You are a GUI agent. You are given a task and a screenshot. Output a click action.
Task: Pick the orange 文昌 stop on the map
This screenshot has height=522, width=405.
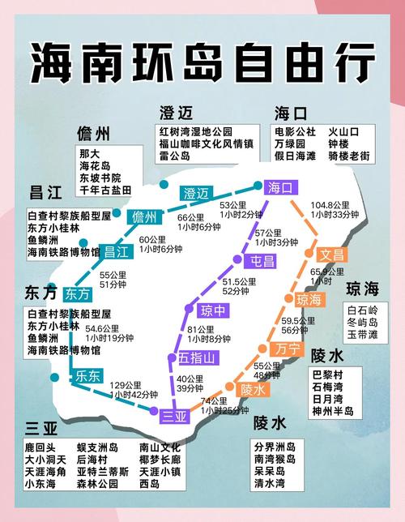click(331, 254)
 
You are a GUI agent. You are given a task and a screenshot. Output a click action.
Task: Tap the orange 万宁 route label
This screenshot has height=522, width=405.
click(286, 349)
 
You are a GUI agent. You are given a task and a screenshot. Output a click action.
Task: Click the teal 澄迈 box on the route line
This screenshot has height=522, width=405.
click(196, 193)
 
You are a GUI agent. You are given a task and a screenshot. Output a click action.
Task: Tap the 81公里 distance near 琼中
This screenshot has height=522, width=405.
click(201, 329)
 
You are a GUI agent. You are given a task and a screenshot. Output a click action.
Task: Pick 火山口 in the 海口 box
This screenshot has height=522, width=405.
click(343, 130)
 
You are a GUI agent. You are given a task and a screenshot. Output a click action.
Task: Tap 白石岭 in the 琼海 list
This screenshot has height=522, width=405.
click(362, 310)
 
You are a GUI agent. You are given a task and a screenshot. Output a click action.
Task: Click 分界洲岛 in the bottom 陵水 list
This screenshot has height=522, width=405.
click(275, 447)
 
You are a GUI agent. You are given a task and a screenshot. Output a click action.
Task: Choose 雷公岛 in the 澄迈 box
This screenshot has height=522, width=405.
click(175, 155)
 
